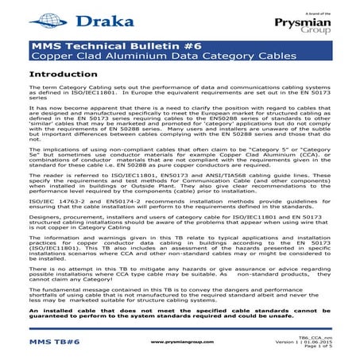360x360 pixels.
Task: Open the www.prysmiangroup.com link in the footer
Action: pyautogui.click(x=181, y=342)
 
